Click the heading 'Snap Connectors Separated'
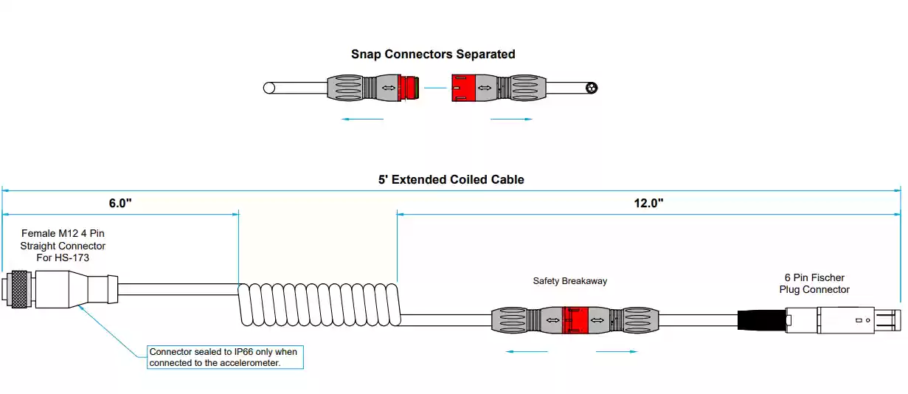pyautogui.click(x=433, y=54)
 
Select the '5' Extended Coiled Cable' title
pyautogui.click(x=451, y=179)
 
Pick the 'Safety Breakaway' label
pyautogui.click(x=570, y=281)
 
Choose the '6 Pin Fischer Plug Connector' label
pyautogui.click(x=814, y=283)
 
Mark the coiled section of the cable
pyautogui.click(x=318, y=303)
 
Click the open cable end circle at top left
pyautogui.click(x=269, y=89)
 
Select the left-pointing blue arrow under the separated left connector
pyautogui.click(x=363, y=119)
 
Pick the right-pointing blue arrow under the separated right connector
pyautogui.click(x=511, y=119)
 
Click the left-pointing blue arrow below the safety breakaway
pyautogui.click(x=527, y=351)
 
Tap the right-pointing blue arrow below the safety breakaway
pyautogui.click(x=617, y=351)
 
